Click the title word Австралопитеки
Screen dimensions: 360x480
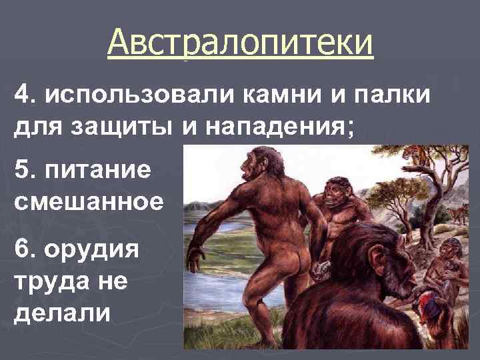click(240, 43)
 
